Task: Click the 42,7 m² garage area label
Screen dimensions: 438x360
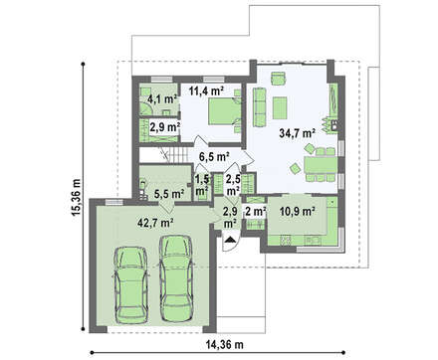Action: (155, 223)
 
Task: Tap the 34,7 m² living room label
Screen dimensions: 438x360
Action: (297, 133)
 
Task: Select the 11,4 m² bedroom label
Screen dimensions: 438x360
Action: (206, 90)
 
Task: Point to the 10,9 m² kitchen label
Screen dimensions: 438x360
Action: (297, 211)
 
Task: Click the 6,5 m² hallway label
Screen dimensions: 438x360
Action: (215, 156)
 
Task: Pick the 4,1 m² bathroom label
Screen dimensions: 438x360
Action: (161, 98)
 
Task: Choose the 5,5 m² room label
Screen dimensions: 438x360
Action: (169, 193)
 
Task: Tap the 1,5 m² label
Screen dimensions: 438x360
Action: (202, 185)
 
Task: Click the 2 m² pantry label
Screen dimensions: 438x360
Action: (256, 211)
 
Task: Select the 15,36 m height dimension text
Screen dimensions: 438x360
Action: (76, 198)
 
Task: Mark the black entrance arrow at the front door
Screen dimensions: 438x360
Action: (229, 240)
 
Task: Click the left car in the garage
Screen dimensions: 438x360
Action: (130, 284)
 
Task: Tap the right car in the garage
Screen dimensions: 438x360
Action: (175, 278)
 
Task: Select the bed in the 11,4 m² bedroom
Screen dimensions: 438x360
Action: (225, 111)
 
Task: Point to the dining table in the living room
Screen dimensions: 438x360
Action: (321, 165)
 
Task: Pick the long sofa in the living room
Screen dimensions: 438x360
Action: (259, 106)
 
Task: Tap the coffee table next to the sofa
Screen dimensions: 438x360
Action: (280, 107)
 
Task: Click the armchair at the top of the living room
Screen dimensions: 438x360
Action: (279, 79)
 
